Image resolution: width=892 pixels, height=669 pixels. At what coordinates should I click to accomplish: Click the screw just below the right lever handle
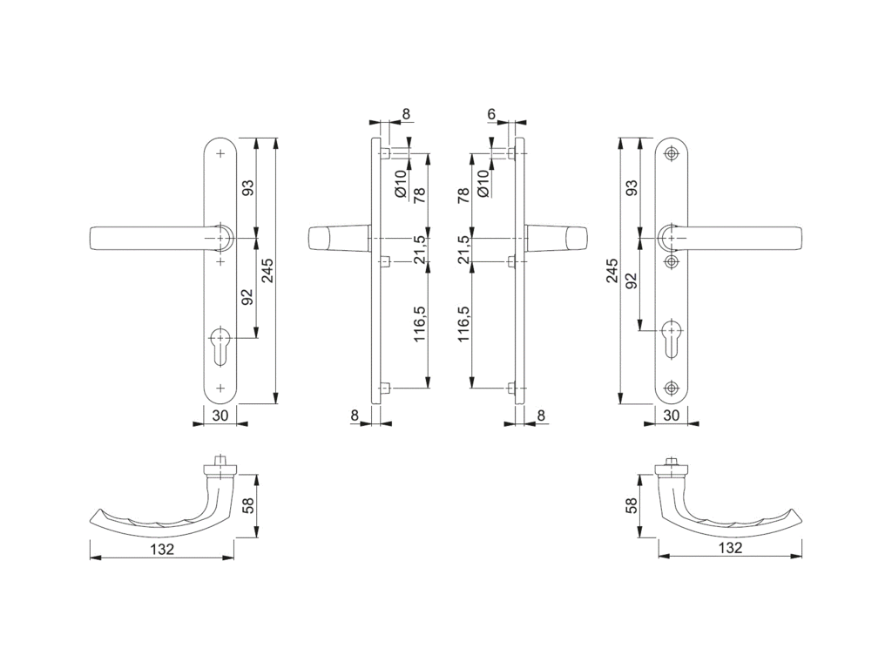(672, 261)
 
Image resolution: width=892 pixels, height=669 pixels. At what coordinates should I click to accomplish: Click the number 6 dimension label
(491, 115)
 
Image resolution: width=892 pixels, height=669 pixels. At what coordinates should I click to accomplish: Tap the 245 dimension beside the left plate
(267, 271)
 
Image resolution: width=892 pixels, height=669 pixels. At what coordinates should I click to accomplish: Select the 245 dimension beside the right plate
(611, 271)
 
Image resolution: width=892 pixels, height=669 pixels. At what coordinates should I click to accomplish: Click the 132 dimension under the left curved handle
(161, 549)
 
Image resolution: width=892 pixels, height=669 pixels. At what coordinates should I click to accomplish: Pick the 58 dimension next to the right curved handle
(632, 505)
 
